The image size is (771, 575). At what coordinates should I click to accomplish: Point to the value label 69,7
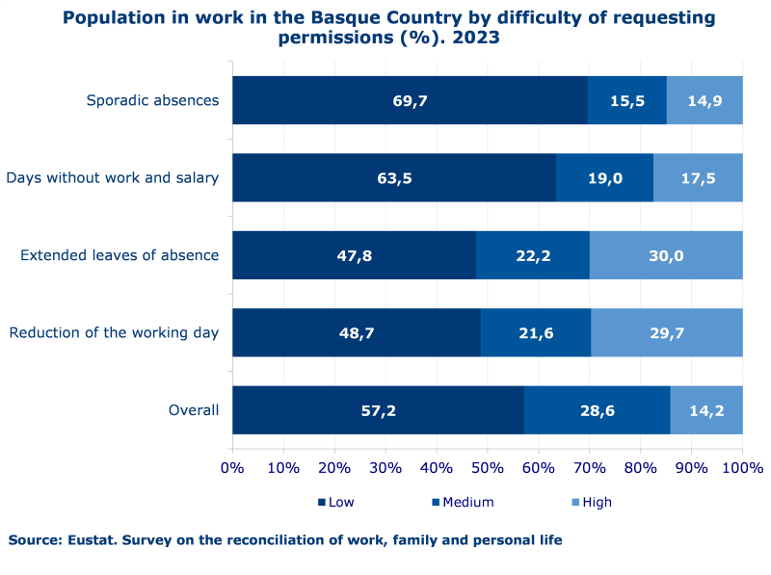click(x=411, y=100)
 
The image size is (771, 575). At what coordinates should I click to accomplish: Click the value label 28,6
click(x=598, y=410)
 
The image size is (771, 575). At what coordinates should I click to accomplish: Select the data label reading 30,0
click(x=666, y=255)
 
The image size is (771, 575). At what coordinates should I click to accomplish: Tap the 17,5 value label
click(x=699, y=177)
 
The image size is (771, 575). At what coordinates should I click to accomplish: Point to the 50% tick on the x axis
click(x=487, y=468)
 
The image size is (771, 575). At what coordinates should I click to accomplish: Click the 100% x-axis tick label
click(x=742, y=468)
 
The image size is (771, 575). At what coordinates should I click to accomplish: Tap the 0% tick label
click(x=232, y=468)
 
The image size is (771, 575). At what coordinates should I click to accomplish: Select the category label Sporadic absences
click(x=152, y=100)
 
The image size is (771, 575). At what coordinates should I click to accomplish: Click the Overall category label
click(x=194, y=410)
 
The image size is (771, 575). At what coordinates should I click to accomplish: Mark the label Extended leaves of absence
click(x=120, y=255)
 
